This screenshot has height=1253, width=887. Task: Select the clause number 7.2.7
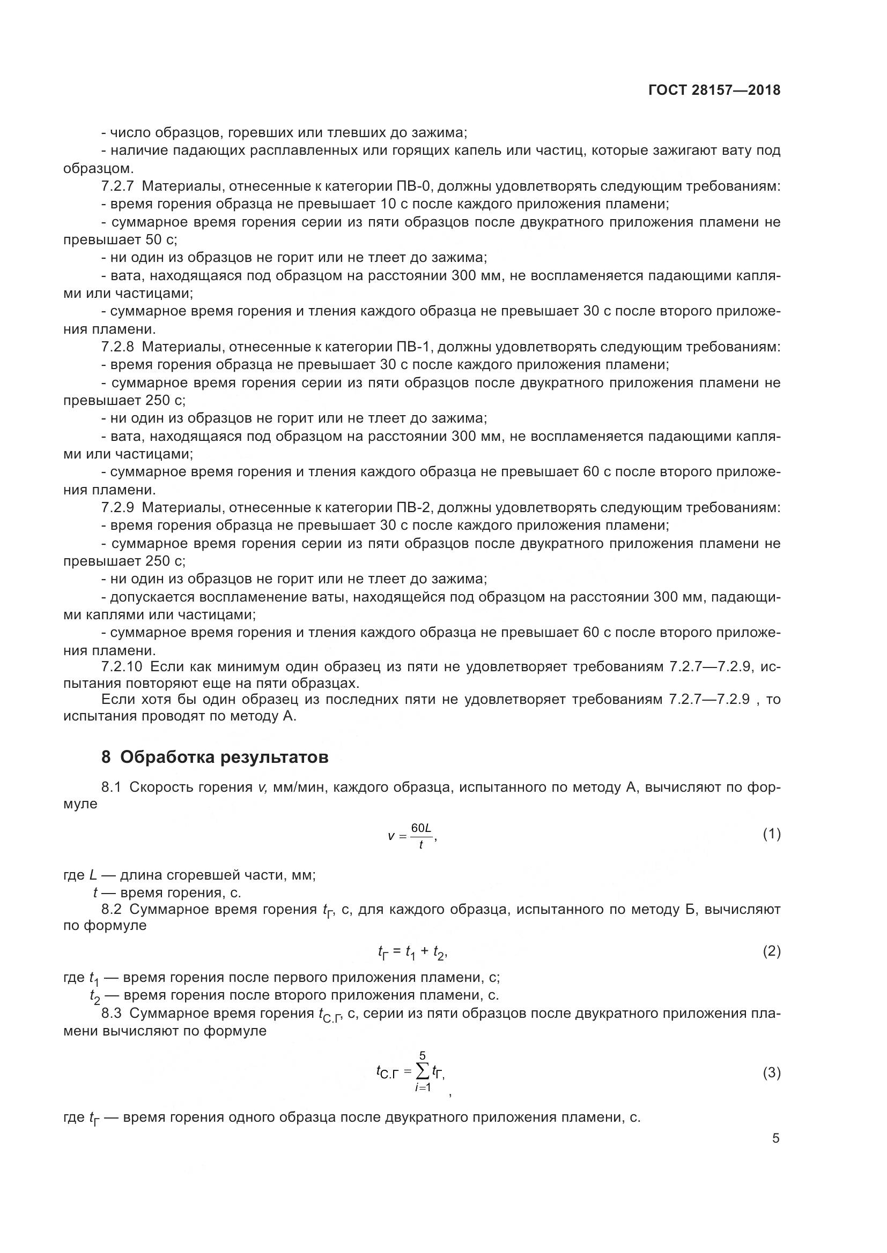tap(117, 186)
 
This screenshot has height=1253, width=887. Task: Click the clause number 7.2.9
tap(117, 507)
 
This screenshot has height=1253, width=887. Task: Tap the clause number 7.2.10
tap(121, 667)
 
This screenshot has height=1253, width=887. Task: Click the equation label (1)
tap(771, 834)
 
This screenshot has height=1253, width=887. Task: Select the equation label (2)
tap(771, 951)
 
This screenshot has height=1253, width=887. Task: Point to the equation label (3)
tap(771, 1073)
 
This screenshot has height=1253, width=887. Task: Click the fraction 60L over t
tap(420, 836)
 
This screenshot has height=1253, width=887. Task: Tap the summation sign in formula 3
tap(422, 1072)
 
